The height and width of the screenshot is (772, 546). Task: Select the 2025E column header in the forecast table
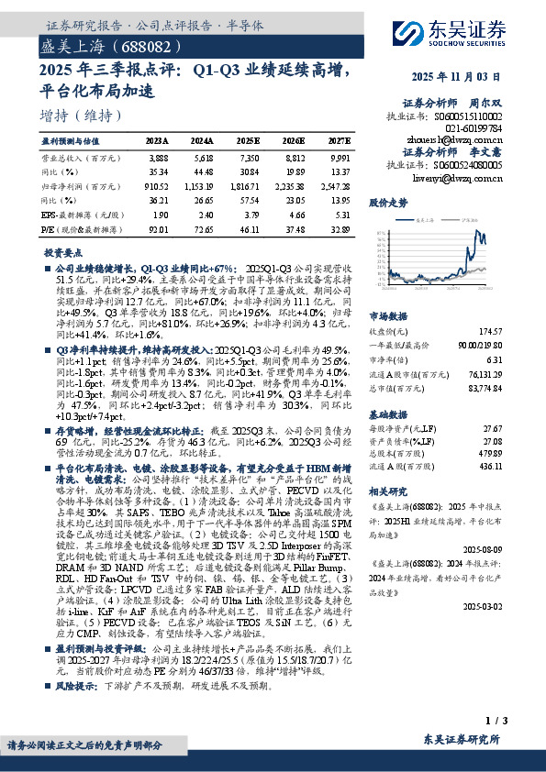248,141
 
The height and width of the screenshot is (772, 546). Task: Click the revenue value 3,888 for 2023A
157,158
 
